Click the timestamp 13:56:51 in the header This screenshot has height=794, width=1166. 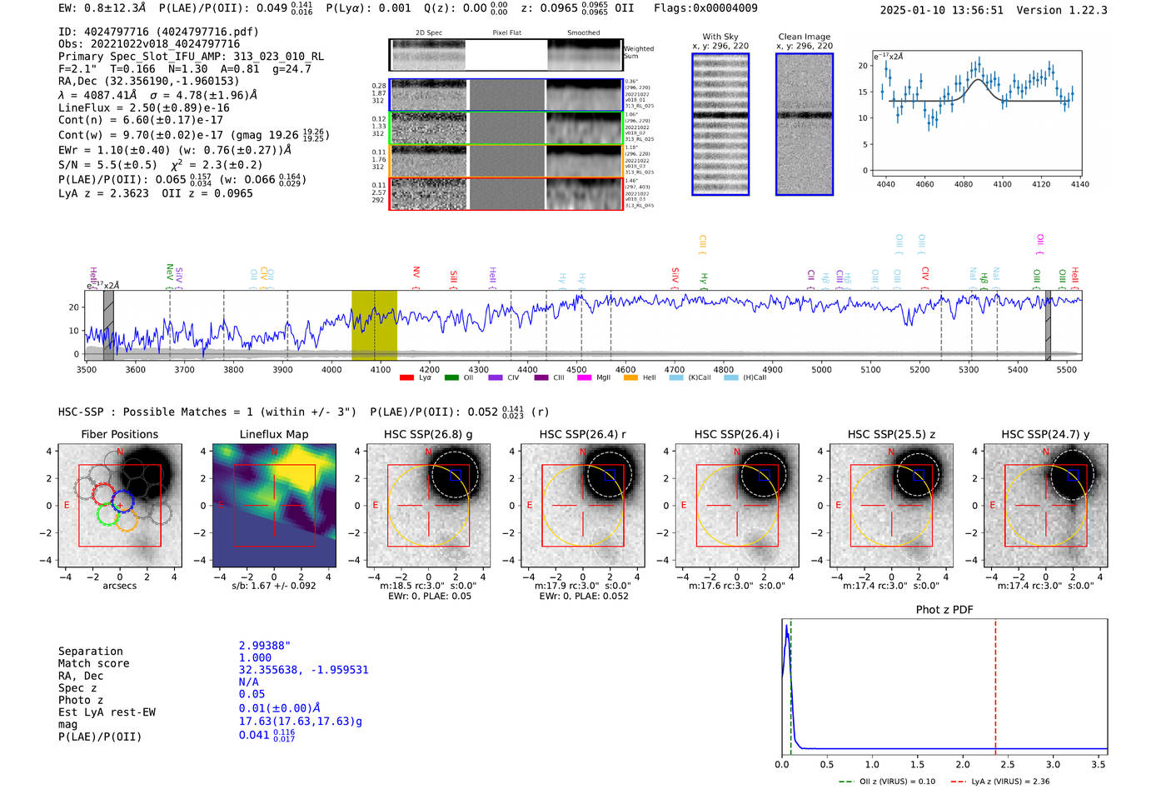[x=976, y=10]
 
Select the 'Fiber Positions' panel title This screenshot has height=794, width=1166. [x=119, y=434]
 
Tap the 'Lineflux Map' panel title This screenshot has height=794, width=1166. [x=273, y=434]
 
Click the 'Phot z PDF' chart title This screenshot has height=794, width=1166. [x=944, y=609]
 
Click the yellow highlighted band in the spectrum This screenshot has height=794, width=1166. [x=374, y=325]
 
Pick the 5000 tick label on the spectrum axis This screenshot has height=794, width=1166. [x=821, y=370]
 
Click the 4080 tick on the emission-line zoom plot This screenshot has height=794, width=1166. [x=964, y=184]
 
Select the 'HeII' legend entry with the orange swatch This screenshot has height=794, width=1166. [x=643, y=377]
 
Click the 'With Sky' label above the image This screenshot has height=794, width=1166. [x=720, y=37]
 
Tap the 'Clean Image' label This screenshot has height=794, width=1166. [x=804, y=37]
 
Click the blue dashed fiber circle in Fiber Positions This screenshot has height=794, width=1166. [x=122, y=502]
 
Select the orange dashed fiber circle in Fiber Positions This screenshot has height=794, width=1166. [x=126, y=522]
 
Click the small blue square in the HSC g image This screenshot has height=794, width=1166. [x=455, y=475]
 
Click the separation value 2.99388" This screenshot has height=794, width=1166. [x=264, y=646]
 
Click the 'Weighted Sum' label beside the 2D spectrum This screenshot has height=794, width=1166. [x=638, y=52]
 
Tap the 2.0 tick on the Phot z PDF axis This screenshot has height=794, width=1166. [x=963, y=764]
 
